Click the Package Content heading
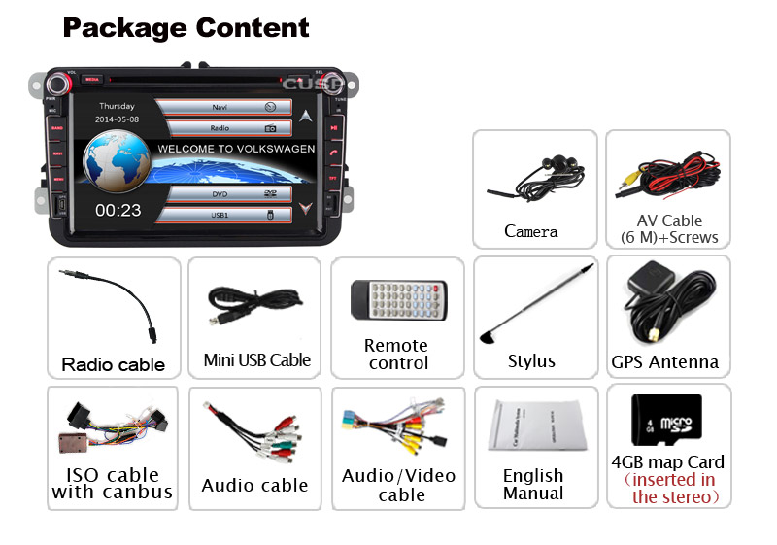(x=186, y=27)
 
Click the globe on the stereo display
(x=117, y=161)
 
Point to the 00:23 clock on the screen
(x=118, y=209)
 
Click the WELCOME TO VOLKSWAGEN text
(x=236, y=150)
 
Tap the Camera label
(x=531, y=231)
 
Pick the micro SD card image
(x=666, y=420)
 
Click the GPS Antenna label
(x=665, y=362)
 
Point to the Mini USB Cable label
(x=256, y=360)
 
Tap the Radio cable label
(x=114, y=365)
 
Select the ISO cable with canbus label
(x=113, y=483)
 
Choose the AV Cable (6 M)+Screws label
(x=668, y=229)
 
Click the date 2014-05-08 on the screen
(x=117, y=119)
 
